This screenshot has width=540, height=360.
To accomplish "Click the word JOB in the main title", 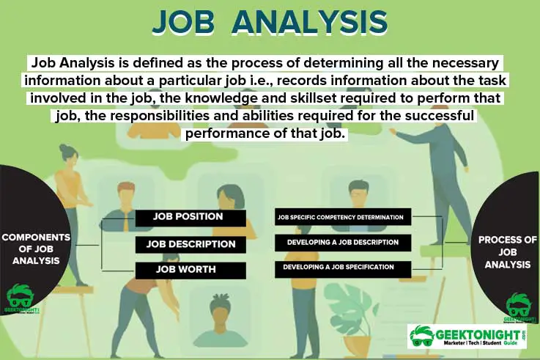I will tap(188, 22).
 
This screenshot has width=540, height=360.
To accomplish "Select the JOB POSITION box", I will tap(189, 217).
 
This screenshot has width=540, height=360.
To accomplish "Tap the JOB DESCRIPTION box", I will tap(191, 243).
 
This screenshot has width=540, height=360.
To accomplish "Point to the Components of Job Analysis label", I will tap(36, 249).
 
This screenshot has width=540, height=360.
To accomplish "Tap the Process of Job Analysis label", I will tap(504, 251).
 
